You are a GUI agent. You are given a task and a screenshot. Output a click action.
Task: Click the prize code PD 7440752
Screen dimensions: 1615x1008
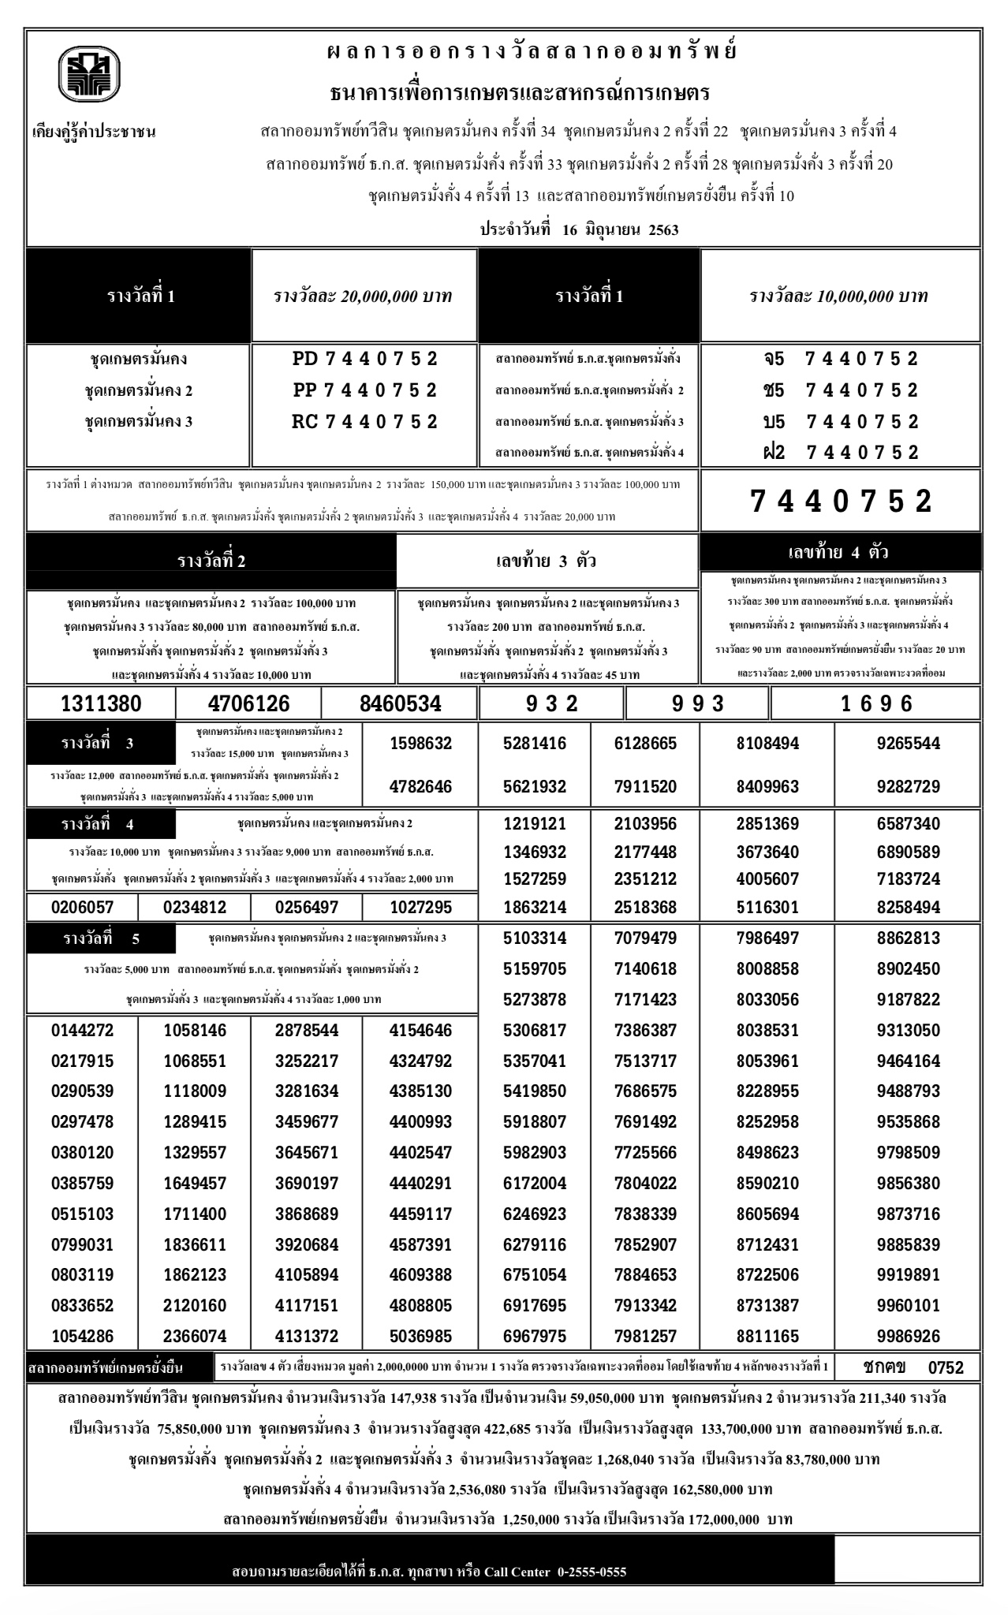tap(364, 360)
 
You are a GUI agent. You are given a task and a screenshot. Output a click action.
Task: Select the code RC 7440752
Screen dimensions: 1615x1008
tap(364, 422)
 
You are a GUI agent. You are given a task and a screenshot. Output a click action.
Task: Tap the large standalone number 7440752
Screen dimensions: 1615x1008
tap(841, 502)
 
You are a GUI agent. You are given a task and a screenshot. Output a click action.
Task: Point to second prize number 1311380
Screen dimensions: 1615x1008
tap(101, 703)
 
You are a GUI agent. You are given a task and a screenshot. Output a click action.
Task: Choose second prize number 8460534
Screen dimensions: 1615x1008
tap(400, 703)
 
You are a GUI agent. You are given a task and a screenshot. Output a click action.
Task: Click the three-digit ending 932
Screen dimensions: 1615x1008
tap(551, 703)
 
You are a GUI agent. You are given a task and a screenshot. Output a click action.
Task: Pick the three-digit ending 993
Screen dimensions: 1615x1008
tap(697, 703)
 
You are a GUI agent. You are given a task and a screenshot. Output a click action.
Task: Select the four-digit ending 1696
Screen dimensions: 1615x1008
tap(876, 703)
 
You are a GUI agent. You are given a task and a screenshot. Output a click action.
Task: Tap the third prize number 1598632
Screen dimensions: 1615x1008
tap(421, 744)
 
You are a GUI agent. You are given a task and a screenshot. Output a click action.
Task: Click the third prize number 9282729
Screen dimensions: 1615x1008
tap(908, 786)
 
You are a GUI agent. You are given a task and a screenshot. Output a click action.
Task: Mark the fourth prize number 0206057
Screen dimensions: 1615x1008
tap(82, 908)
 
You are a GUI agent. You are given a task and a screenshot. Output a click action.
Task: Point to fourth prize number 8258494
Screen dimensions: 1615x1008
tap(908, 908)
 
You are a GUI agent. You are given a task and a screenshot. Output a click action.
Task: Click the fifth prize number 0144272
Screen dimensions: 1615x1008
tap(82, 1031)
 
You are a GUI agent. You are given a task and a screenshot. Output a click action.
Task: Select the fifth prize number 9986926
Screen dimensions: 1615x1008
tap(908, 1337)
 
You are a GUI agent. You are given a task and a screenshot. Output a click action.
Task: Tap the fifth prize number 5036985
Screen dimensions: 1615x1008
tap(421, 1337)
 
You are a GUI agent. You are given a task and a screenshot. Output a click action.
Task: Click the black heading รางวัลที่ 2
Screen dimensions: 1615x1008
tap(211, 561)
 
